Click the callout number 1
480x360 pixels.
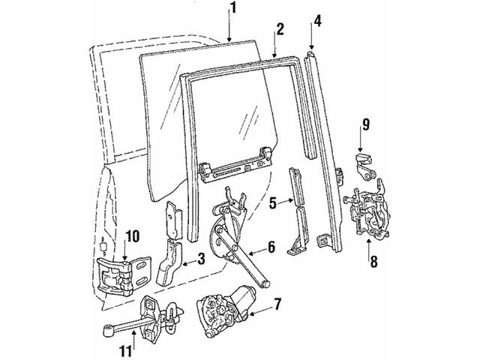[x=233, y=9]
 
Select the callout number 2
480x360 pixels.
[x=279, y=30]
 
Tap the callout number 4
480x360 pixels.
[x=318, y=20]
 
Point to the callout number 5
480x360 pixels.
[x=274, y=200]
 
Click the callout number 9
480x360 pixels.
[x=365, y=123]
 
